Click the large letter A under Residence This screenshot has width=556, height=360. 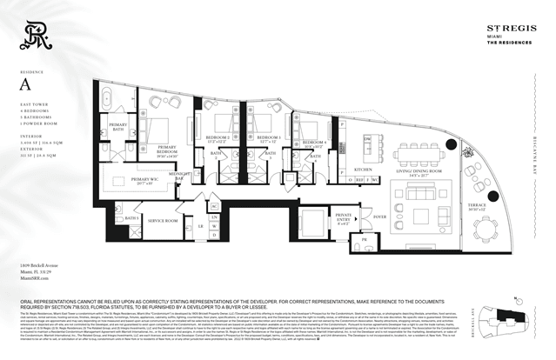pyautogui.click(x=25, y=84)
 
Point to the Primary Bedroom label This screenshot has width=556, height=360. pyautogui.click(x=172, y=150)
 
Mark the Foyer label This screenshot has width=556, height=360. pyautogui.click(x=379, y=216)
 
